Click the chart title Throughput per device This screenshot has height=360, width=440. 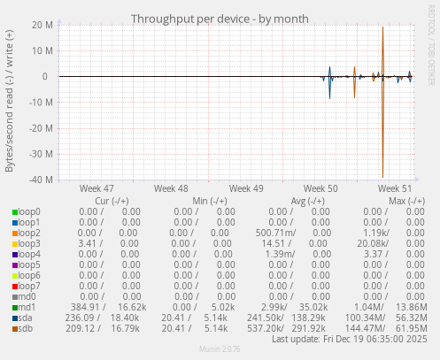pyautogui.click(x=220, y=19)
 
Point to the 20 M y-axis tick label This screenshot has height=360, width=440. pyautogui.click(x=40, y=25)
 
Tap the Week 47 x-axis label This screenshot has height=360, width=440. pyautogui.click(x=96, y=188)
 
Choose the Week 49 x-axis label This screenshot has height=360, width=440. pyautogui.click(x=245, y=188)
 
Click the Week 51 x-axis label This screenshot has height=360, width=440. pyautogui.click(x=395, y=188)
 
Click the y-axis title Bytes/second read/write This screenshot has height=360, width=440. pyautogui.click(x=10, y=101)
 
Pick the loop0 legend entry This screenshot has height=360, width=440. pyautogui.click(x=29, y=211)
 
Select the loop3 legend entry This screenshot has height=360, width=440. pyautogui.click(x=29, y=243)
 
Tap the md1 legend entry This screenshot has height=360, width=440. pyautogui.click(x=28, y=307)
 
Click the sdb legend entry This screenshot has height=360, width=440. pyautogui.click(x=27, y=328)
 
